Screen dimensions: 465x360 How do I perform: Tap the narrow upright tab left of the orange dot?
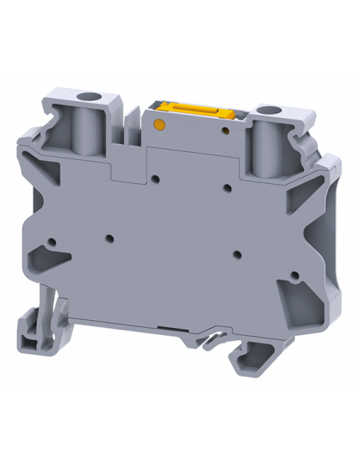click(127, 135)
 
